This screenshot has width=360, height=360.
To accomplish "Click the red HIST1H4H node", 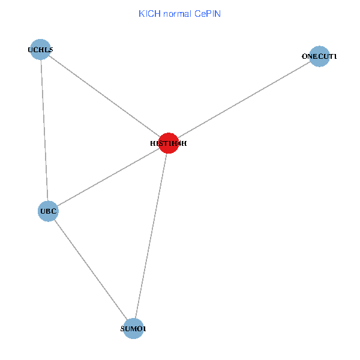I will coord(169,143).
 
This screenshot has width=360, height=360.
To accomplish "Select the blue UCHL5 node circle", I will coord(40,50).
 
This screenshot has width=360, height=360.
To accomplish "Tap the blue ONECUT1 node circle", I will coord(320,56).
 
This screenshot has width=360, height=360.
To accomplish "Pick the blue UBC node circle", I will coord(48,211).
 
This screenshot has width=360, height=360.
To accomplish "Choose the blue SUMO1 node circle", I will coord(133,329).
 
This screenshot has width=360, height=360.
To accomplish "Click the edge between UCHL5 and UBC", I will coord(44,131).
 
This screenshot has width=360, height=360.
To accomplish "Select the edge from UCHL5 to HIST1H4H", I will coord(104,97).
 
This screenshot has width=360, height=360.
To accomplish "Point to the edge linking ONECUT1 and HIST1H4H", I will coord(244,100).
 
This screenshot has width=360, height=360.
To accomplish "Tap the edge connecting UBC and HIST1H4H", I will coord(108,178).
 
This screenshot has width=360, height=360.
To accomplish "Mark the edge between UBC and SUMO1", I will coord(91,270).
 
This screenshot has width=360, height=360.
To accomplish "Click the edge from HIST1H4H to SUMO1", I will coord(151,236).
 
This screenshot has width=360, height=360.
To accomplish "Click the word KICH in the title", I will coord(147,13).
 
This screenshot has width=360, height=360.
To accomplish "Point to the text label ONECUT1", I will coord(320,56).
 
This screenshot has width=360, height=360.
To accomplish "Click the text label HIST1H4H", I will coord(169,144).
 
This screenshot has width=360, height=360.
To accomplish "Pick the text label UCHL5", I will coord(40,50).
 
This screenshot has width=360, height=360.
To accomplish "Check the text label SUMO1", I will coord(133,329).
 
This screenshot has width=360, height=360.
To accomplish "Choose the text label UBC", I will coord(48,212).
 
